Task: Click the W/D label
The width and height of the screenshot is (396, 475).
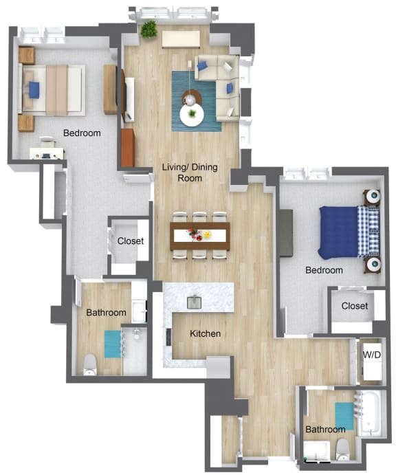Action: click(x=371, y=355)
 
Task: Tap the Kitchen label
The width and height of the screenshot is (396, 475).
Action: click(x=205, y=334)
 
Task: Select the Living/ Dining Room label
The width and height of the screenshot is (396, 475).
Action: click(x=182, y=173)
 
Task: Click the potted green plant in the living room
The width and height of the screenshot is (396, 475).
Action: click(x=148, y=30)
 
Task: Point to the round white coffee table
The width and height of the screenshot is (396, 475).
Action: click(x=191, y=115)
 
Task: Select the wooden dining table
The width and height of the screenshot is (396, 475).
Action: click(x=200, y=236)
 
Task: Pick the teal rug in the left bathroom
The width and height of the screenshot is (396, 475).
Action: click(x=111, y=344)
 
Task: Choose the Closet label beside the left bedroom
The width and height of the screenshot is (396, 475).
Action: click(x=131, y=241)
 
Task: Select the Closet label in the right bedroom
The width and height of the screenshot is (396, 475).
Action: click(x=355, y=306)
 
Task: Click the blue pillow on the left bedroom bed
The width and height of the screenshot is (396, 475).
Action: click(x=34, y=89)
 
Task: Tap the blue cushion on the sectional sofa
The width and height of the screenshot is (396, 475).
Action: click(x=203, y=67)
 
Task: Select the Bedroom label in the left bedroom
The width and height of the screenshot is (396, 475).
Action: click(x=82, y=133)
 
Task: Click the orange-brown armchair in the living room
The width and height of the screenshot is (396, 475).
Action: click(x=127, y=148)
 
